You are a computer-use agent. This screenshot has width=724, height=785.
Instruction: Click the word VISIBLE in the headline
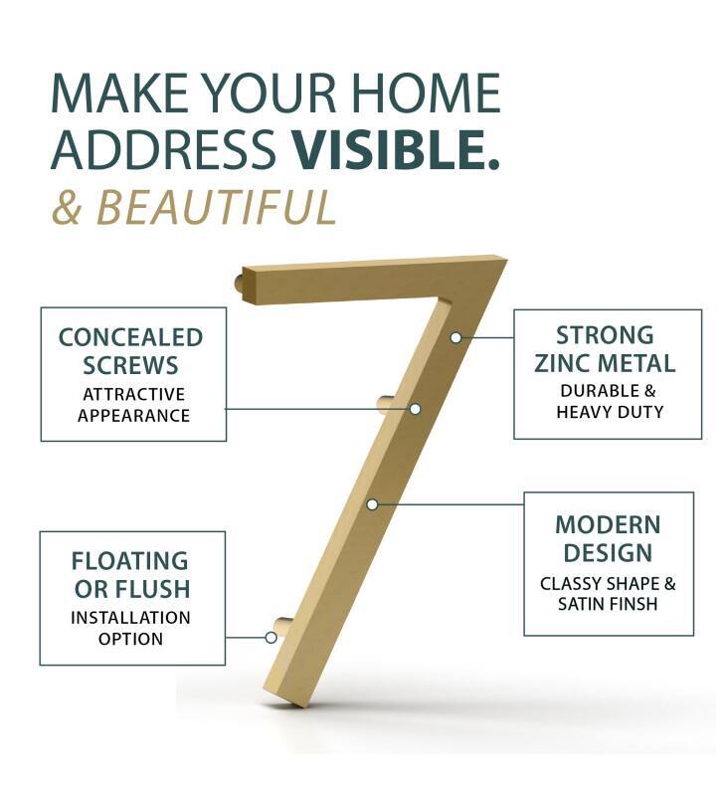[389, 149]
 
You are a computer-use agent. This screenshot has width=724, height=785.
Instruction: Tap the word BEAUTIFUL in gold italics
[217, 207]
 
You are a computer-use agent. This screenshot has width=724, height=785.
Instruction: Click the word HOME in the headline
[426, 94]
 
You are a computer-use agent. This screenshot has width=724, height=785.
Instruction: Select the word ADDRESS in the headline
[164, 149]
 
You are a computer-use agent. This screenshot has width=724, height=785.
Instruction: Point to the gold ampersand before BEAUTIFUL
[67, 207]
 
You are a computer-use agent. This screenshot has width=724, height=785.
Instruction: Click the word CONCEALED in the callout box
[130, 337]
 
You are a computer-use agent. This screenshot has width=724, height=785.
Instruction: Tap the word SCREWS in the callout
[130, 365]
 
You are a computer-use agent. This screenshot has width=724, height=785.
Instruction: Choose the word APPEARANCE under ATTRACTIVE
[133, 416]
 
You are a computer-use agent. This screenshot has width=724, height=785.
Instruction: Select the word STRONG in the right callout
[605, 335]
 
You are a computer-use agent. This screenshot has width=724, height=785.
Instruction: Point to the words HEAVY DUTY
[610, 412]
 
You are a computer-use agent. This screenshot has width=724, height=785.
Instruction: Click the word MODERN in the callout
[608, 524]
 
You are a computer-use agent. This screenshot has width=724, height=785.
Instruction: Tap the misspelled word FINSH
[631, 604]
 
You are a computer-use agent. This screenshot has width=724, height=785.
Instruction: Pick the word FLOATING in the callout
[129, 561]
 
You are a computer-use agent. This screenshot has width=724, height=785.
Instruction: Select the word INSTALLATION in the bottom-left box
[130, 617]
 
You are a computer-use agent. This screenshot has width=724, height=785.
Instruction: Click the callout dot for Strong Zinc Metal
[455, 337]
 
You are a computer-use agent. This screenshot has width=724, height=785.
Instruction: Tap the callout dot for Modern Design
[372, 504]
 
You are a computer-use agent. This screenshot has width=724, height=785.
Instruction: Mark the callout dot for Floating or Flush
[271, 638]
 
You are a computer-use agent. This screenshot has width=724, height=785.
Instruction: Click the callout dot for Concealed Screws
[415, 409]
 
